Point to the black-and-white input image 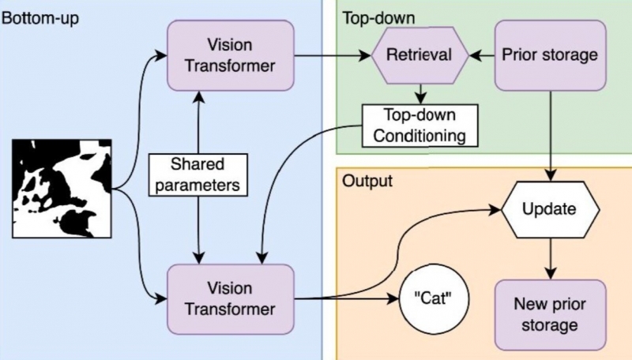tap(62, 188)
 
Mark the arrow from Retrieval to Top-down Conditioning tap(423, 93)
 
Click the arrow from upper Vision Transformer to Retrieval tap(332, 56)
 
